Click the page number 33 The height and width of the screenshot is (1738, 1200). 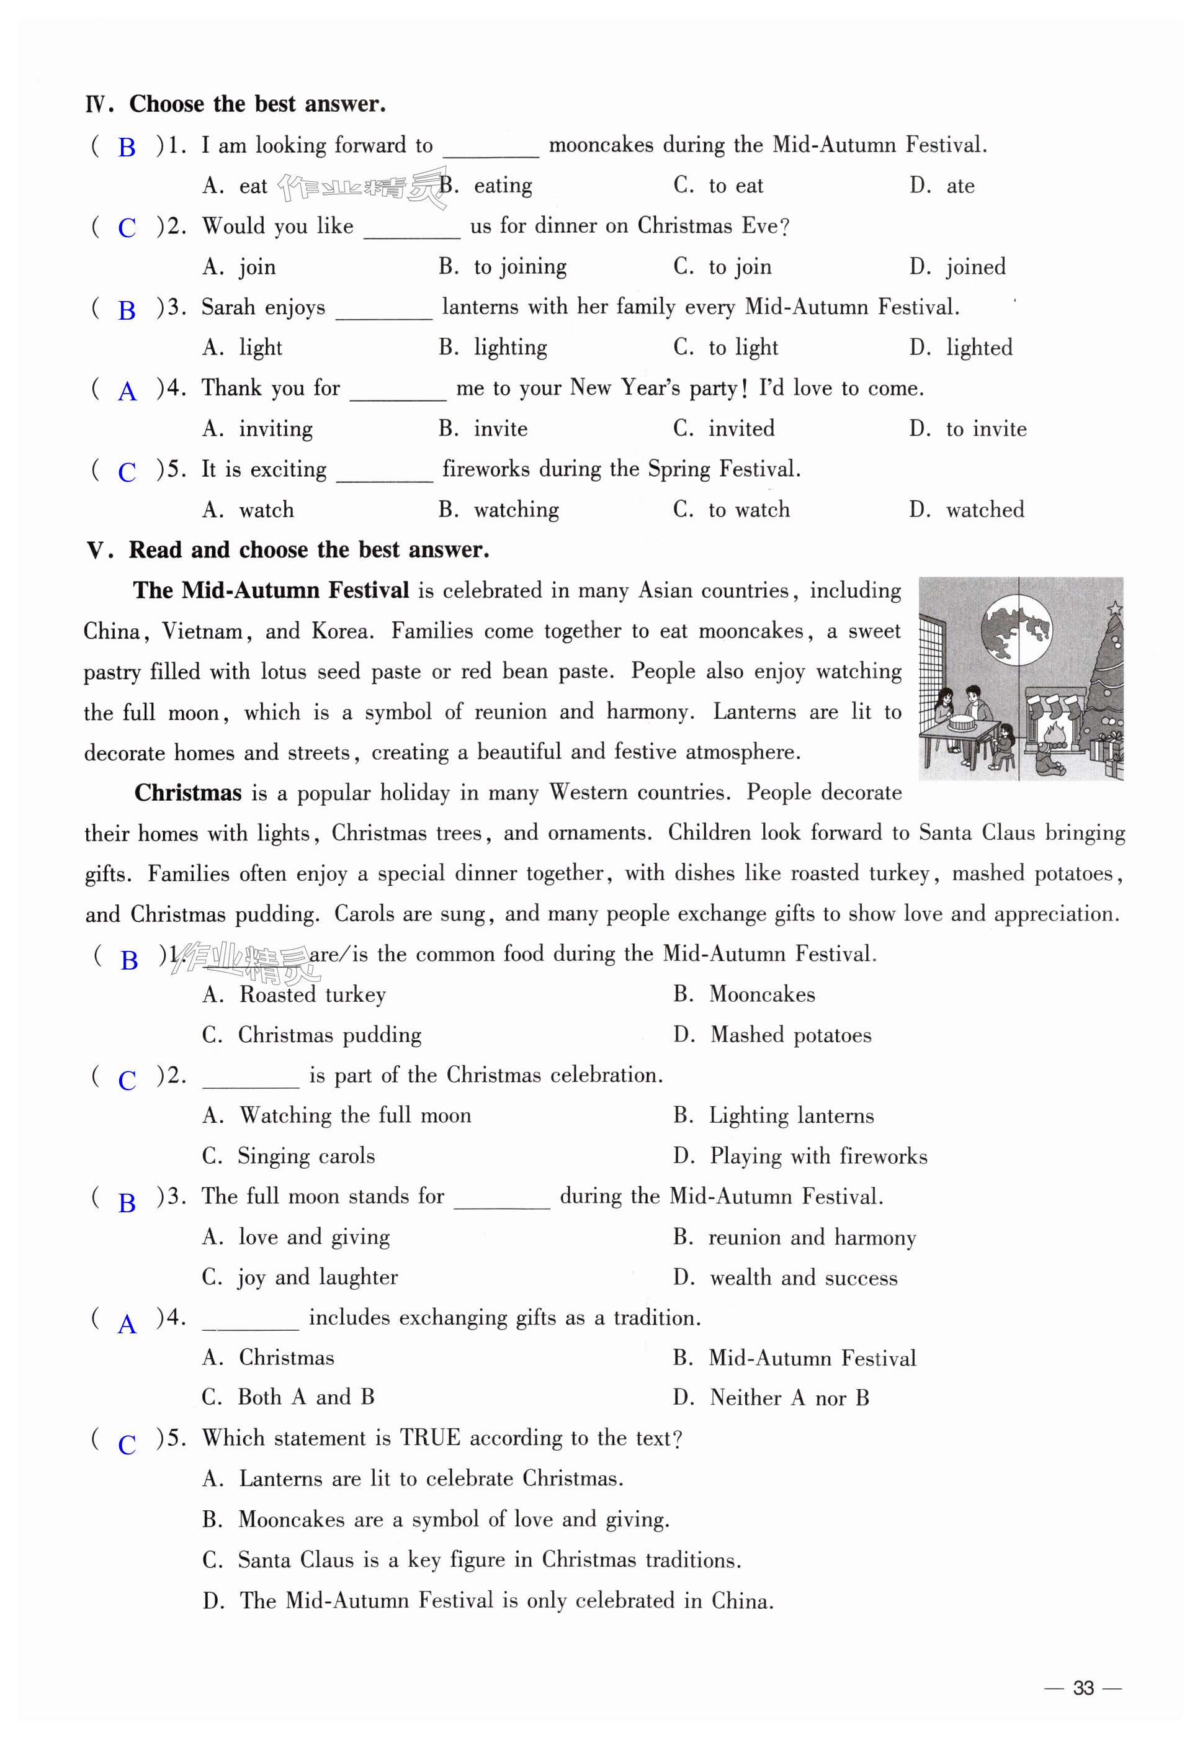point(1083,1688)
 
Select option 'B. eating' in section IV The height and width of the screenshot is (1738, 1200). point(486,186)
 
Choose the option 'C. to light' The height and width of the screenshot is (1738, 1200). point(725,348)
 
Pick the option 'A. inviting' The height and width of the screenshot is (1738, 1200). point(258,429)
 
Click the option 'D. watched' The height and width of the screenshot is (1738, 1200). point(966,510)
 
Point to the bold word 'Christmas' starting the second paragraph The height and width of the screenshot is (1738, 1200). point(188,793)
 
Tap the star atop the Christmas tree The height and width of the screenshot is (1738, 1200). point(1115,607)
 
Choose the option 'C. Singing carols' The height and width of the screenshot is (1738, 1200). point(289,1156)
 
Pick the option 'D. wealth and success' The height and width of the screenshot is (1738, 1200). point(786,1278)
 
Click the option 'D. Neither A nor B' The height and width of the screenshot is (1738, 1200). point(771,1398)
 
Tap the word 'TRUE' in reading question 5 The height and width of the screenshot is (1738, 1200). point(429,1438)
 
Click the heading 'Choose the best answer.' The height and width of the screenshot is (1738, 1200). point(257,104)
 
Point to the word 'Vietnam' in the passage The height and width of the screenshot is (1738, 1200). point(204,631)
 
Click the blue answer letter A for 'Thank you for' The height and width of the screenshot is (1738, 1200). point(127,391)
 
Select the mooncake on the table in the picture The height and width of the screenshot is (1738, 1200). point(962,723)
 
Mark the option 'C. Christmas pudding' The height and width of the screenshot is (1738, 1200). point(312,1035)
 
